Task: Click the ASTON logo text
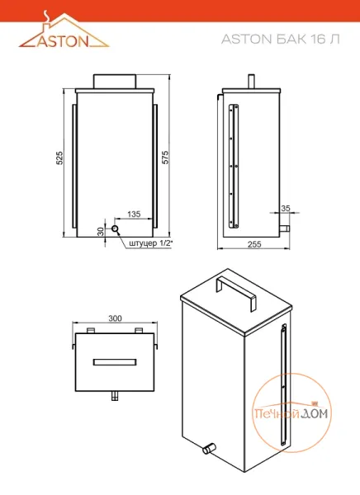point(63,41)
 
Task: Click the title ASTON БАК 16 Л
point(281,39)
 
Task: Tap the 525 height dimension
point(59,158)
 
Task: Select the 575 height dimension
point(165,158)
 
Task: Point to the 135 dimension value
point(134,214)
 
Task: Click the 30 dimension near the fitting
point(101,231)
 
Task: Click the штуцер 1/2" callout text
point(151,243)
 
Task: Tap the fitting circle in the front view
point(115,229)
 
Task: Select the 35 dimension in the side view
point(286,209)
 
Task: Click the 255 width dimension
point(254,244)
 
